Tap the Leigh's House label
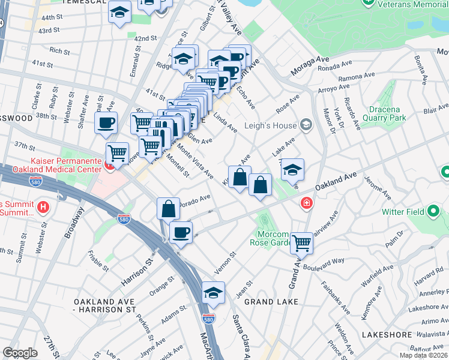(270, 125)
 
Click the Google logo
(20, 352)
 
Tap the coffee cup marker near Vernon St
(181, 232)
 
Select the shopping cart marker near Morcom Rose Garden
(301, 242)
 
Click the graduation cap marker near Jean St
(213, 292)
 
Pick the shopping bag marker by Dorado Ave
(169, 209)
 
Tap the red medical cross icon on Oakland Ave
(307, 205)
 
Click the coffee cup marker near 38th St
(106, 122)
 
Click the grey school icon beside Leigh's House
(307, 125)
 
